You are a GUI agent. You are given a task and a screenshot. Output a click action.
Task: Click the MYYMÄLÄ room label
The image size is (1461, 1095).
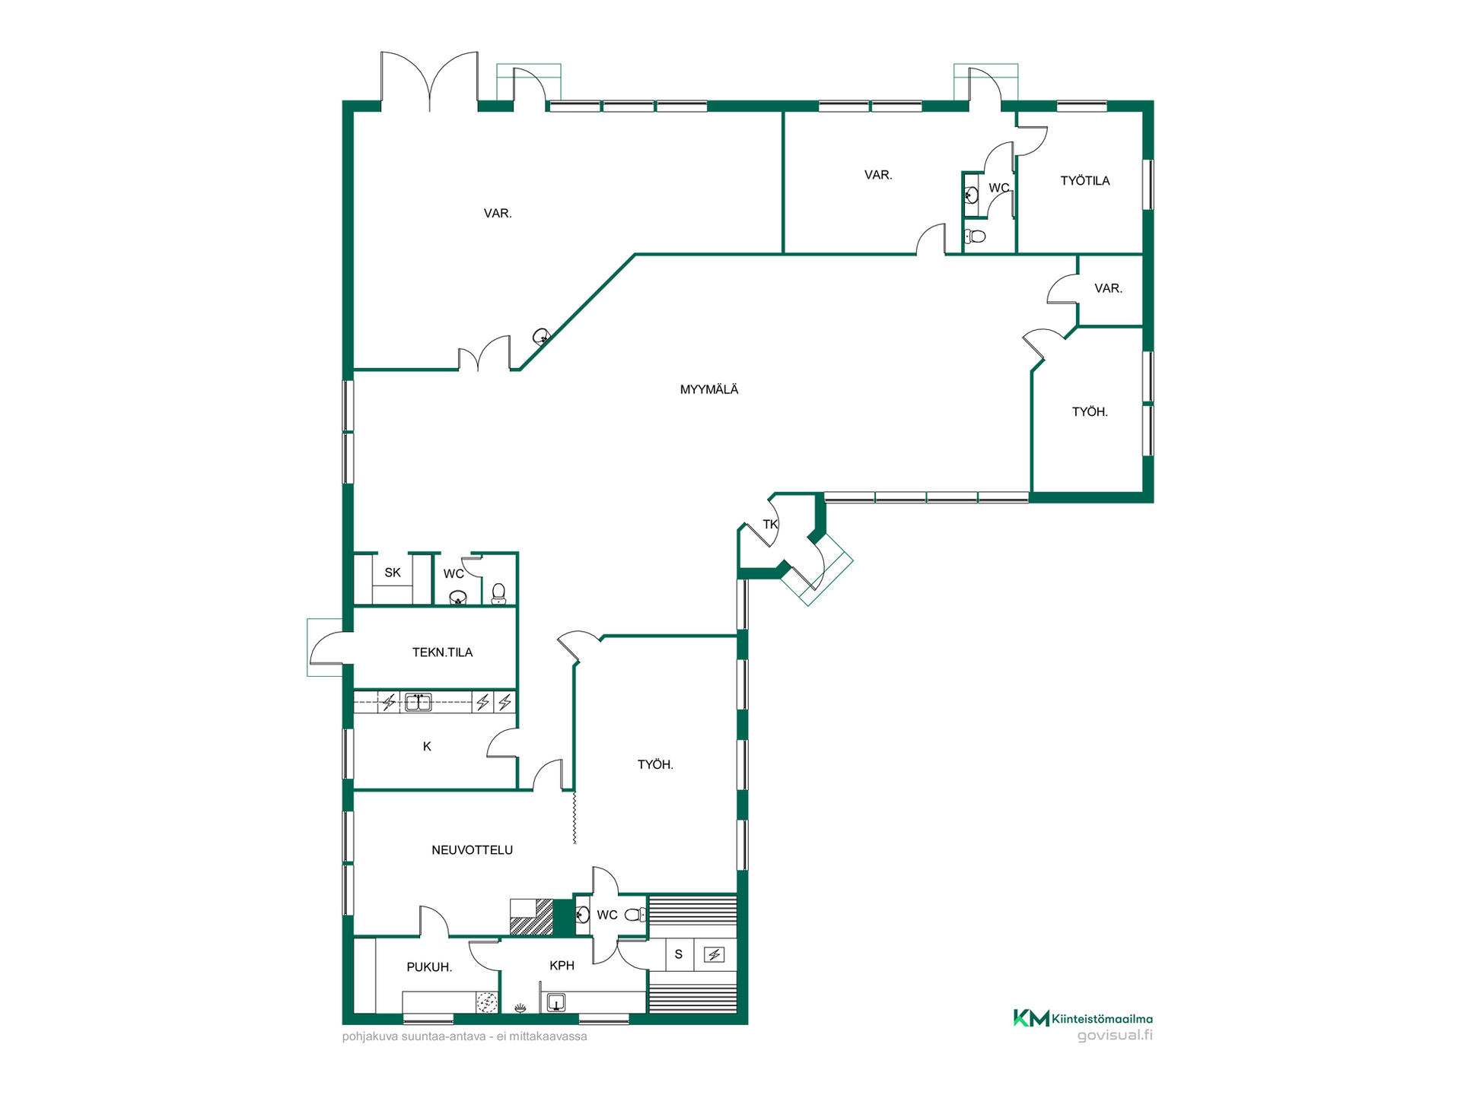tap(709, 389)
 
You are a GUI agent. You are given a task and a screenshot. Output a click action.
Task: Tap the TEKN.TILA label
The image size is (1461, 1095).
tap(442, 652)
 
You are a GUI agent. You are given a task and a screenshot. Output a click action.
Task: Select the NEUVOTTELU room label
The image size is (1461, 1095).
tap(472, 850)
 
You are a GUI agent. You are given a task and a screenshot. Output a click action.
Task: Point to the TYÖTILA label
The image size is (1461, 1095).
tap(1085, 181)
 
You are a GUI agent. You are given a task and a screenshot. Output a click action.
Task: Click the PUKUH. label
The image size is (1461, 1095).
tap(429, 967)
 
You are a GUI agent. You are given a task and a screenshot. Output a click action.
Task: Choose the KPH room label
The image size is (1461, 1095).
tap(562, 966)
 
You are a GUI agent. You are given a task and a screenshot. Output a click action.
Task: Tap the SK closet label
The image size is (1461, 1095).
tap(393, 573)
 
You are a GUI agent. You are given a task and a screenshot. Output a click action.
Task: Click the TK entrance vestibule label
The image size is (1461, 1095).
tap(770, 524)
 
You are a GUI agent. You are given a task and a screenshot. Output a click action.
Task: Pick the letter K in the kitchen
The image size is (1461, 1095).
tap(427, 747)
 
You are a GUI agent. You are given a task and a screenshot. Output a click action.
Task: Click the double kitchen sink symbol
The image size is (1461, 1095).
tap(418, 702)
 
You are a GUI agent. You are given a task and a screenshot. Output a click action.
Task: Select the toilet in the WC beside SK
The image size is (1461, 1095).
tap(498, 593)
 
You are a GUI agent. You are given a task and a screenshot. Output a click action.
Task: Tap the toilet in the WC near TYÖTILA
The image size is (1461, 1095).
tap(975, 236)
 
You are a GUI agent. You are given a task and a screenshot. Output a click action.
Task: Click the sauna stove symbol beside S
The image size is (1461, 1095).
tap(714, 954)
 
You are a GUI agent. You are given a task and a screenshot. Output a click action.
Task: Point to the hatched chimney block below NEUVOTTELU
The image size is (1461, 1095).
tap(531, 917)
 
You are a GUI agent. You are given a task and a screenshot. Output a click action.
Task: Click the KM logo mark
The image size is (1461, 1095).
tap(1031, 1018)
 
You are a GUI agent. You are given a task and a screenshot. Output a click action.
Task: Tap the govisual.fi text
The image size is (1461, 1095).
tap(1115, 1036)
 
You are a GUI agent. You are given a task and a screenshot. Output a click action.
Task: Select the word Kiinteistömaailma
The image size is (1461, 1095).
tap(1102, 1019)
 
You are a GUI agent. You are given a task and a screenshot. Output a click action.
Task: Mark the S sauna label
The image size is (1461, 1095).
tap(679, 954)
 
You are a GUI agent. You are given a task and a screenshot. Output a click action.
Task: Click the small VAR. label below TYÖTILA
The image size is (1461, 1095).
tap(1108, 288)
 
